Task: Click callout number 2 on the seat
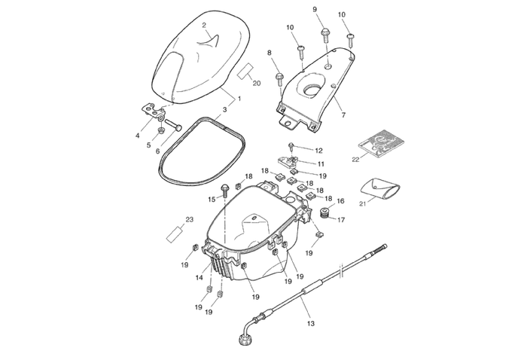pos(204,25)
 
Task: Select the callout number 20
pos(256,83)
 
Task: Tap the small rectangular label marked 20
pos(246,71)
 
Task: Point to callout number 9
pos(315,8)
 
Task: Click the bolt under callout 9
pos(325,33)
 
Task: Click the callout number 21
pos(362,203)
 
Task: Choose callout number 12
pos(318,151)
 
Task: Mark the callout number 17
pos(341,221)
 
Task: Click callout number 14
pos(200,278)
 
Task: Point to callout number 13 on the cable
pos(309,324)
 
